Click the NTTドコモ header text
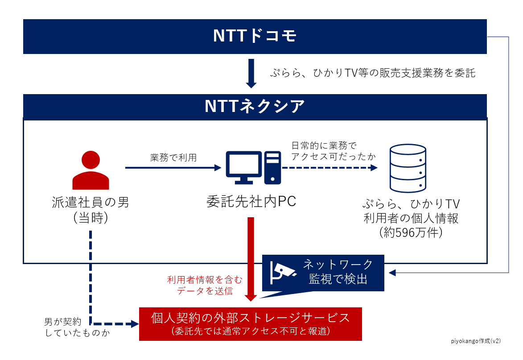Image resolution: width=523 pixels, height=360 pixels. [255, 37]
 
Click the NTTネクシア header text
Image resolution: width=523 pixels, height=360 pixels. [255, 106]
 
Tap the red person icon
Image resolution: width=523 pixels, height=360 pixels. [91, 170]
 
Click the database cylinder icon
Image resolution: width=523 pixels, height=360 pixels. [408, 168]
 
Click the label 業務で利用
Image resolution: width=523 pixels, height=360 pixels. [173, 157]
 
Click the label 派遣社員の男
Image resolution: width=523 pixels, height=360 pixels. [91, 203]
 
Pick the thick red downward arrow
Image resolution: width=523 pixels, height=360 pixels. [251, 259]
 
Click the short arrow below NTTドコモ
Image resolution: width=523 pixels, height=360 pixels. [251, 73]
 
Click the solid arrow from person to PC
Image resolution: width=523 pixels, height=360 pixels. [173, 168]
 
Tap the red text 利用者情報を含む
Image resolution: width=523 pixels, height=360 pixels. [205, 280]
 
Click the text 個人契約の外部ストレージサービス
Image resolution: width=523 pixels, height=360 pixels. [251, 318]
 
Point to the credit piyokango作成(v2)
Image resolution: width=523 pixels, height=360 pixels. [475, 340]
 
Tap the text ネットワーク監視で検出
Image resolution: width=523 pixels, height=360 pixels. [338, 272]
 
